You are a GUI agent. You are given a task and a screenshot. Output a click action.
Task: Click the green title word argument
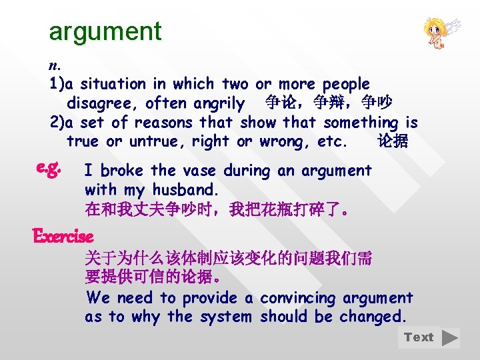105,31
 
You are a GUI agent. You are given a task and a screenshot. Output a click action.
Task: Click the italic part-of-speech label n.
54,65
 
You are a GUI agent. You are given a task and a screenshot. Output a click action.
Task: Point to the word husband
181,189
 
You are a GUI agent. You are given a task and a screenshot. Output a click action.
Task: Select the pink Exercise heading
63,236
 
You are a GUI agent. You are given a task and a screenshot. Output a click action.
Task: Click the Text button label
419,337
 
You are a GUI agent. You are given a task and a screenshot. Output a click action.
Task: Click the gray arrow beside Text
450,337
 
